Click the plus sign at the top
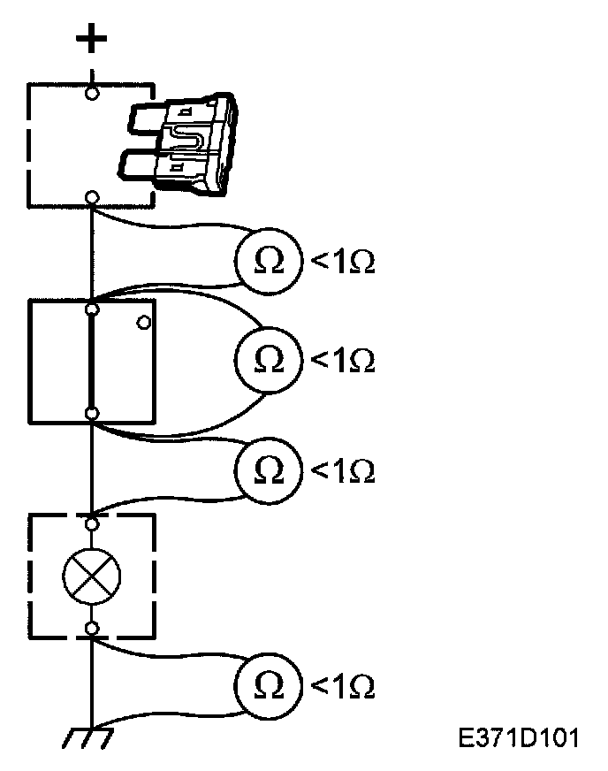point(92,39)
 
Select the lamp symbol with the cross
point(92,576)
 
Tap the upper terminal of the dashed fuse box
point(92,92)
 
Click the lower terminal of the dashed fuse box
point(92,197)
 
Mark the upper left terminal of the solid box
point(92,309)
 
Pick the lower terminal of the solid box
point(92,414)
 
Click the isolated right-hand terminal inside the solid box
point(143,323)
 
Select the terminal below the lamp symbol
point(92,629)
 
